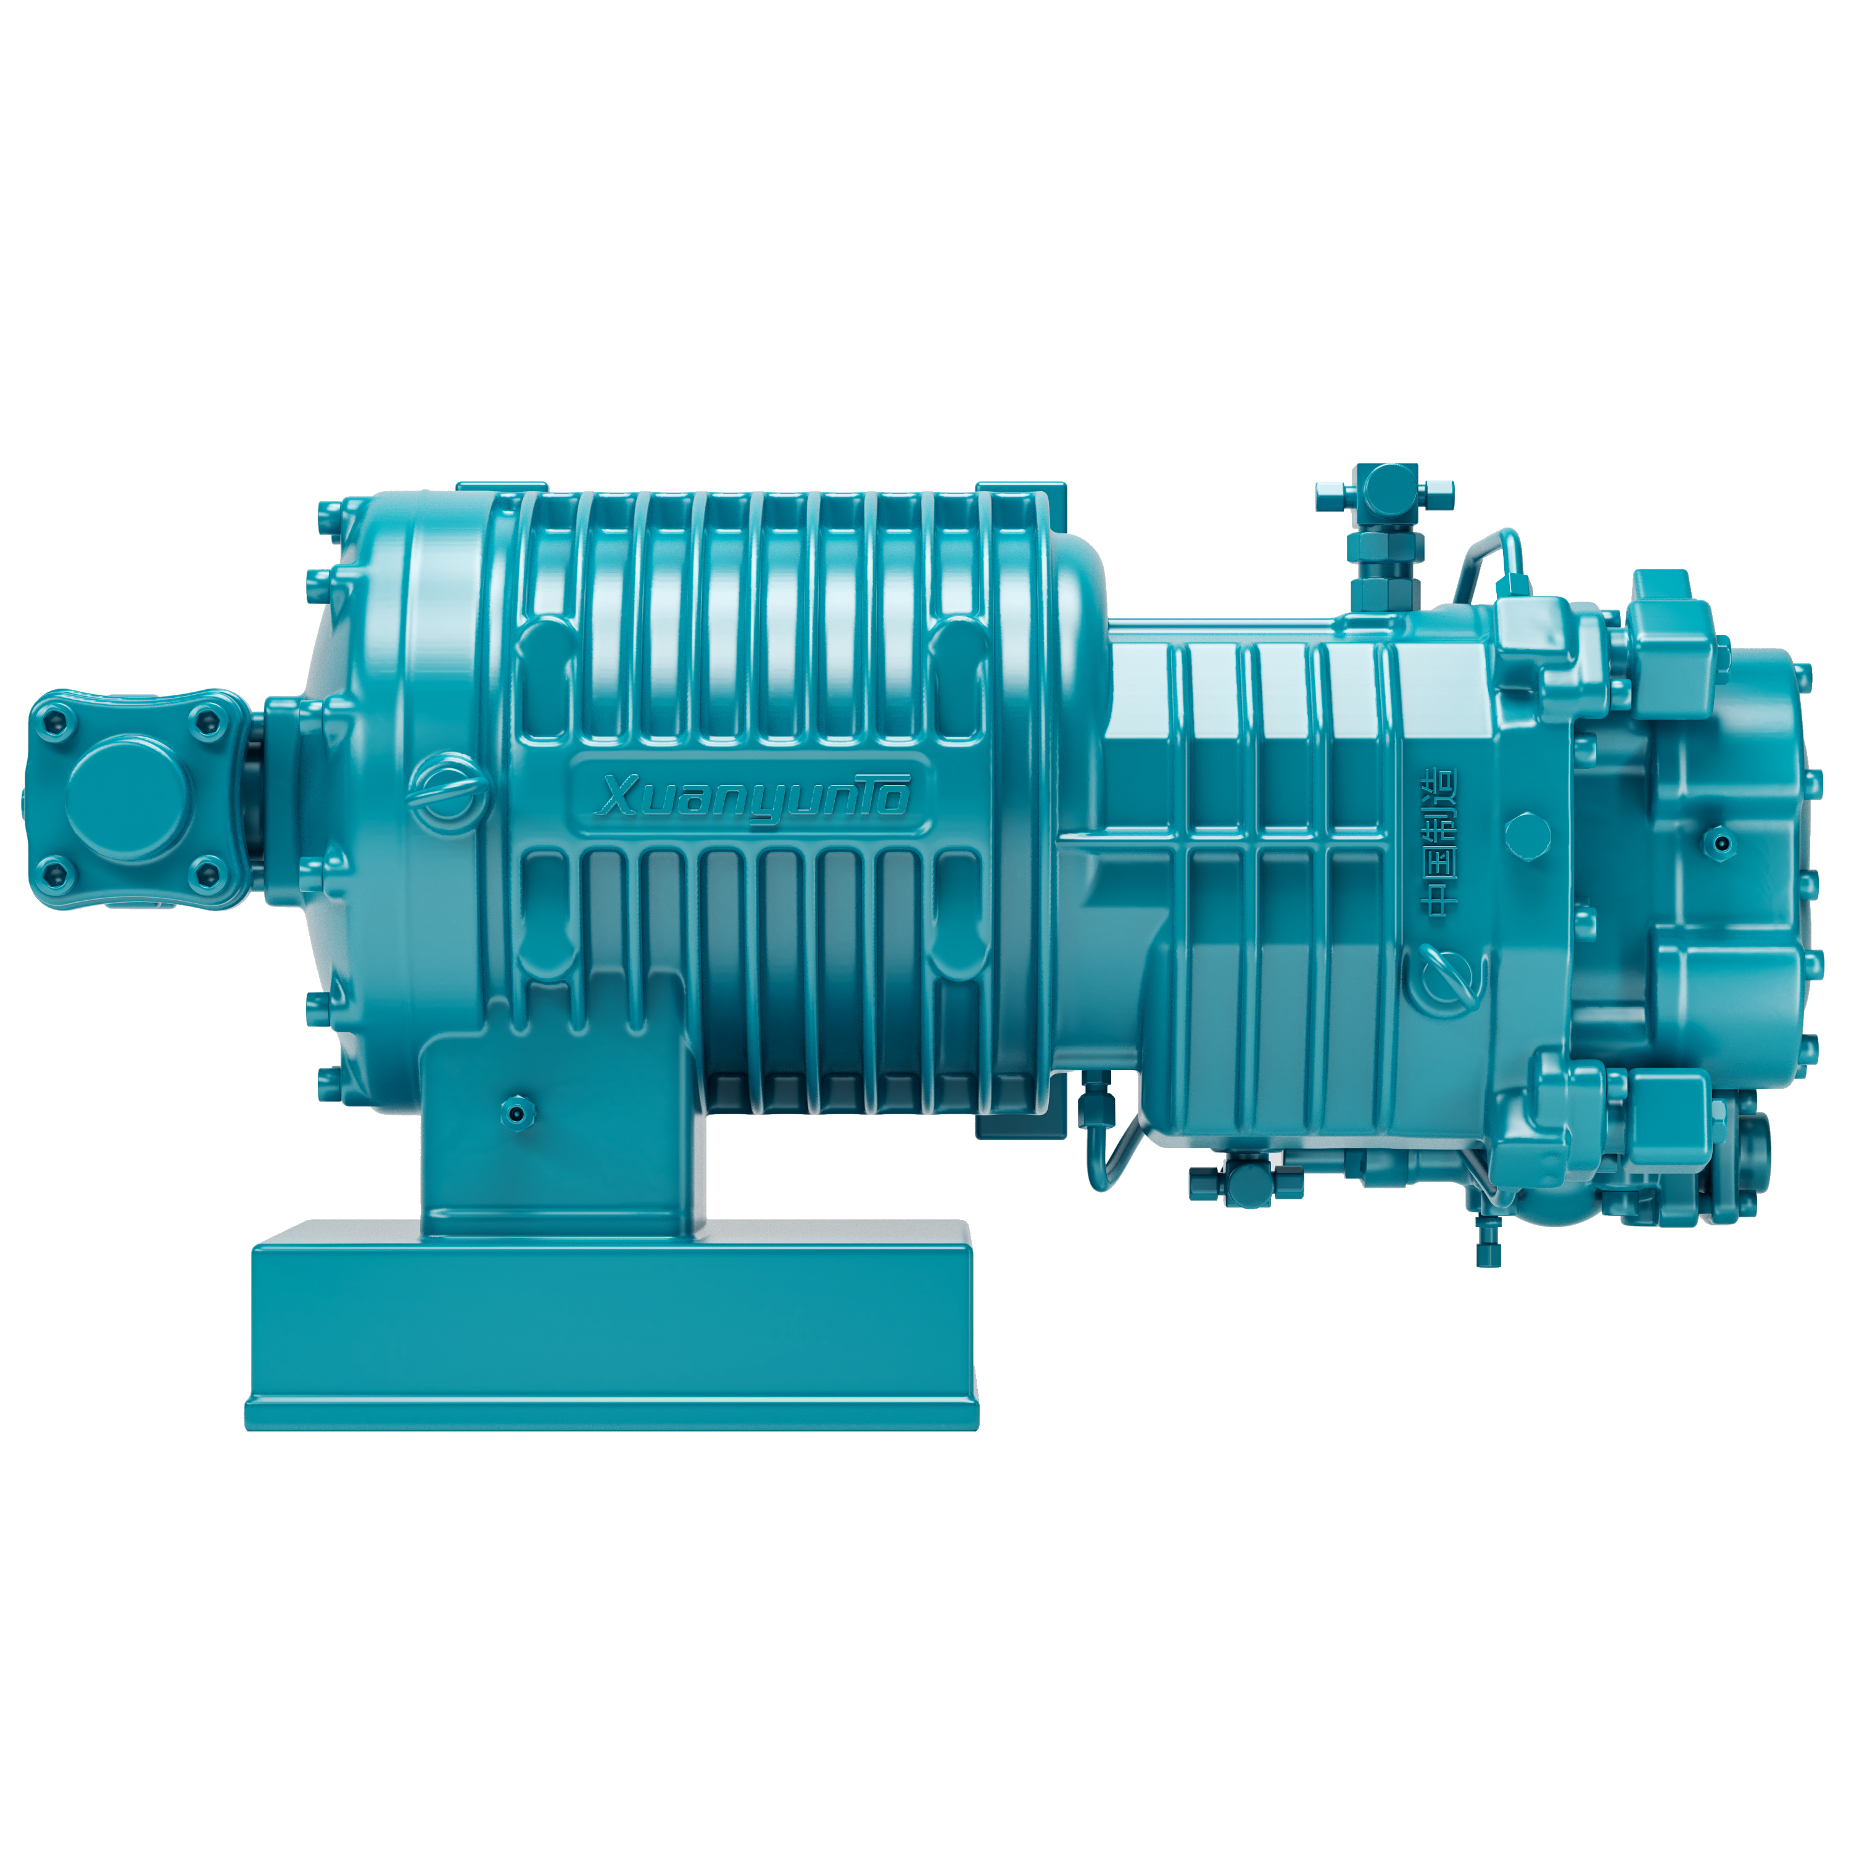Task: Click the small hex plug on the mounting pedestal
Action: (518, 1111)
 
